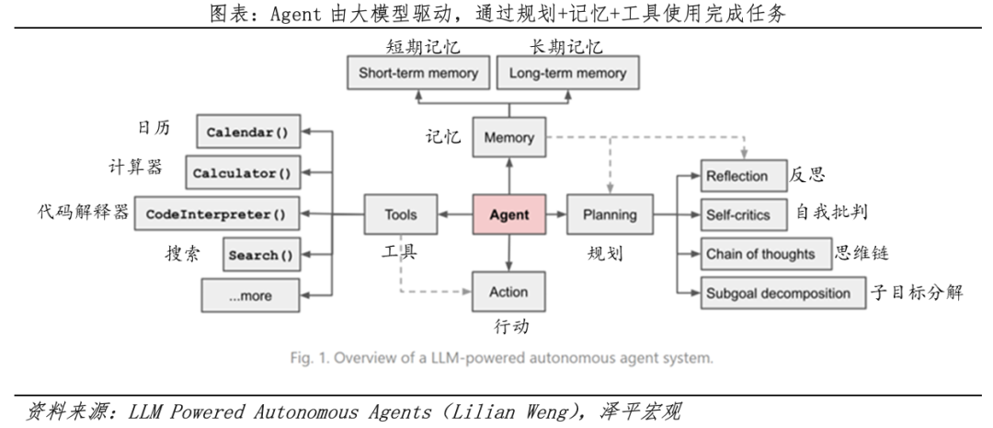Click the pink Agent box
(508, 214)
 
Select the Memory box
(508, 138)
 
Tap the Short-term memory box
(417, 73)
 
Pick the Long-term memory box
(567, 73)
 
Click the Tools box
(400, 214)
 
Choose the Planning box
(610, 214)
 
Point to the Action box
(508, 292)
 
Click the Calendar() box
(246, 133)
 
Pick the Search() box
(260, 255)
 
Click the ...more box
(250, 295)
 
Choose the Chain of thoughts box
(759, 254)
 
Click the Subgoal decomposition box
(778, 294)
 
